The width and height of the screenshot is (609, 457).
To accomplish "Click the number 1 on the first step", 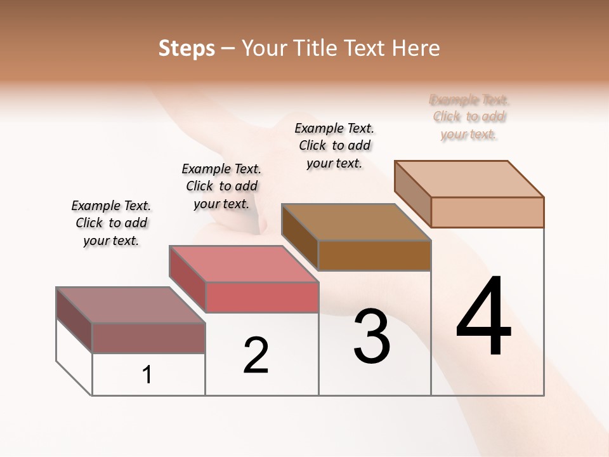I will tap(147, 375).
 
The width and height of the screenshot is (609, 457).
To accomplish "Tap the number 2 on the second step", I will tap(256, 355).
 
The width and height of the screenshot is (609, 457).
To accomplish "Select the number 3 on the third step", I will tap(372, 337).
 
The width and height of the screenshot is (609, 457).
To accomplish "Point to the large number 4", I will tap(484, 317).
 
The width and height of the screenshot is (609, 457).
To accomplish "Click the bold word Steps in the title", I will tap(187, 48).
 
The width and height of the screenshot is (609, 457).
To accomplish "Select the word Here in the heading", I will tap(416, 48).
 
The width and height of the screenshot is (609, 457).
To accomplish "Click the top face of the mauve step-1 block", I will tap(130, 305).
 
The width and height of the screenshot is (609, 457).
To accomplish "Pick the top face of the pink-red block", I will tap(244, 264).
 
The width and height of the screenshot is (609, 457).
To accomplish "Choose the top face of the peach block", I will tap(469, 179).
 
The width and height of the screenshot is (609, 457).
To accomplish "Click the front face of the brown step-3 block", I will tap(374, 256).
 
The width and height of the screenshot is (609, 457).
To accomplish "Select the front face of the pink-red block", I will tap(262, 297).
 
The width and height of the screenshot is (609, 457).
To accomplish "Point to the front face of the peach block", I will tap(487, 212).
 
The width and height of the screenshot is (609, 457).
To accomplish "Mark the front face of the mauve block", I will tap(148, 338).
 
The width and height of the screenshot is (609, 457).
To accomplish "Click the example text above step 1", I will tap(111, 223).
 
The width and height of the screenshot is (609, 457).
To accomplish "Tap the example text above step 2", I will tap(221, 186).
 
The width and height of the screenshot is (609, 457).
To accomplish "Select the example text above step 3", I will tap(334, 145).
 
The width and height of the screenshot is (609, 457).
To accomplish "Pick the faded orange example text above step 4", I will tap(469, 117).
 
